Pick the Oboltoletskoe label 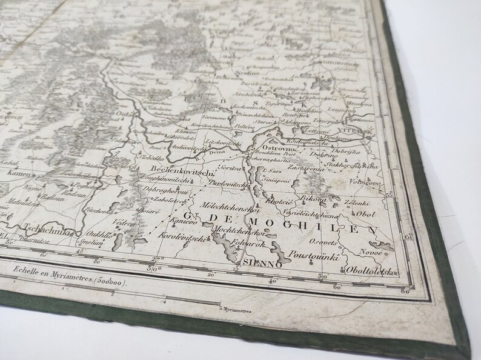click(x=372, y=272)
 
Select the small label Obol click(x=367, y=214)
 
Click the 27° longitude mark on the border click(x=154, y=261)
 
